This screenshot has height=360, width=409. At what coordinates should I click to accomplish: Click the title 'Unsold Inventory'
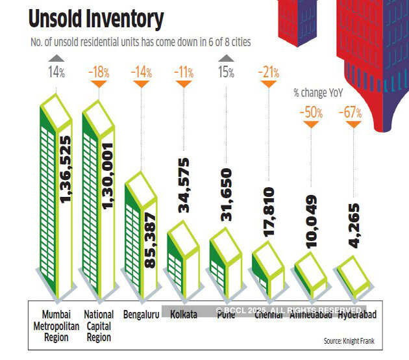click(95, 19)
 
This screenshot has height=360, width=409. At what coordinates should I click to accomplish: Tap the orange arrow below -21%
click(268, 83)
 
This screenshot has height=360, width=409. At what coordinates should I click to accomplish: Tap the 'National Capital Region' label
click(99, 326)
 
